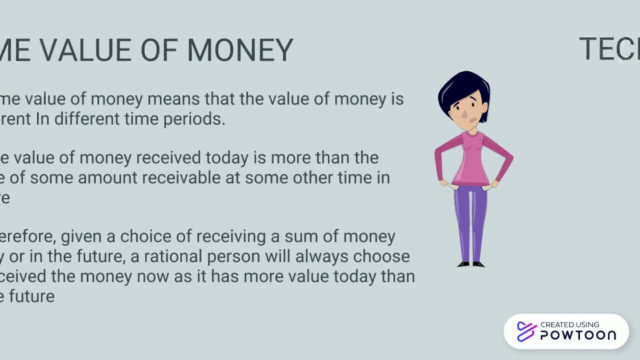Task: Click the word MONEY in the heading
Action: click(x=240, y=50)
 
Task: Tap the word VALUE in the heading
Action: click(x=85, y=50)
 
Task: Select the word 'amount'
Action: click(x=107, y=177)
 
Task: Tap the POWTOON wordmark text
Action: click(x=578, y=335)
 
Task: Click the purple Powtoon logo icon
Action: click(x=526, y=331)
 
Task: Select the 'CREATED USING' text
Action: click(x=569, y=324)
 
